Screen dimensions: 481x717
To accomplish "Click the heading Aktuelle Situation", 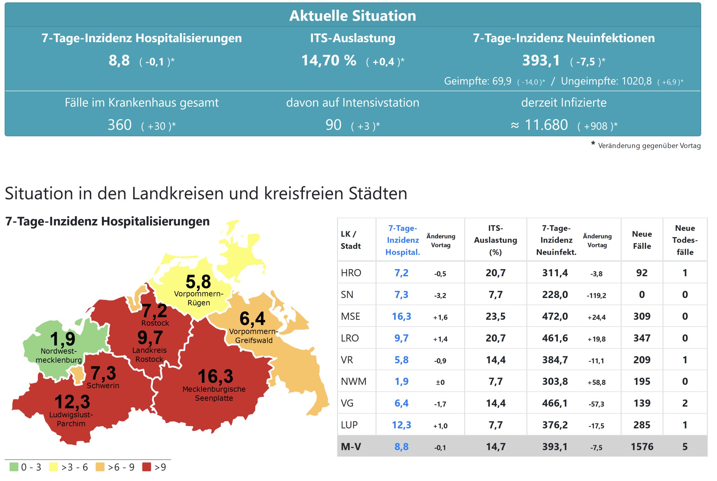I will [352, 16].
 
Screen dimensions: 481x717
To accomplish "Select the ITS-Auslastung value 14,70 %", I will [329, 60].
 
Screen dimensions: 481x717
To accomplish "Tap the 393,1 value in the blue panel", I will [541, 60].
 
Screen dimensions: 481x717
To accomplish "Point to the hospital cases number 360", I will [120, 125].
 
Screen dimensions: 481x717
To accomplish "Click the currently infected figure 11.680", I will [546, 125].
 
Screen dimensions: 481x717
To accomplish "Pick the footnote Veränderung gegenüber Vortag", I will [649, 146].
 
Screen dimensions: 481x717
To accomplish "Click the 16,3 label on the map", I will [215, 376].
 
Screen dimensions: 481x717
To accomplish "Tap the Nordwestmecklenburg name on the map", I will [59, 355].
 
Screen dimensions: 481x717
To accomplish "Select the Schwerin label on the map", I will [103, 386].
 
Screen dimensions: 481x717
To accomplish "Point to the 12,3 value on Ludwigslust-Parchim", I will [72, 401].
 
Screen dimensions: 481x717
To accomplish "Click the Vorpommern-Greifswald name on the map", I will [253, 336].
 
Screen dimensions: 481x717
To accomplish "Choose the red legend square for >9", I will [147, 467].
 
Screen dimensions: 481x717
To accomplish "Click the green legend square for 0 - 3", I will [14, 467].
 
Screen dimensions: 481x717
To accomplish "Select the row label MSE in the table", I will [350, 316].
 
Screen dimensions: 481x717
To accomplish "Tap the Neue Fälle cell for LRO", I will [642, 338].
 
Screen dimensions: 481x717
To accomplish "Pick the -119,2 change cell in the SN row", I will [596, 295].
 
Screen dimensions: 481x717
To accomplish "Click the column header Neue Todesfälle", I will [685, 240].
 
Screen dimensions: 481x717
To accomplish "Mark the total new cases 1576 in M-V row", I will [642, 447].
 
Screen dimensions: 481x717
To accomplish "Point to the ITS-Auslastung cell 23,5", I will [496, 316].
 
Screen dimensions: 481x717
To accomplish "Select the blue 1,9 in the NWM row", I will [401, 382].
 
